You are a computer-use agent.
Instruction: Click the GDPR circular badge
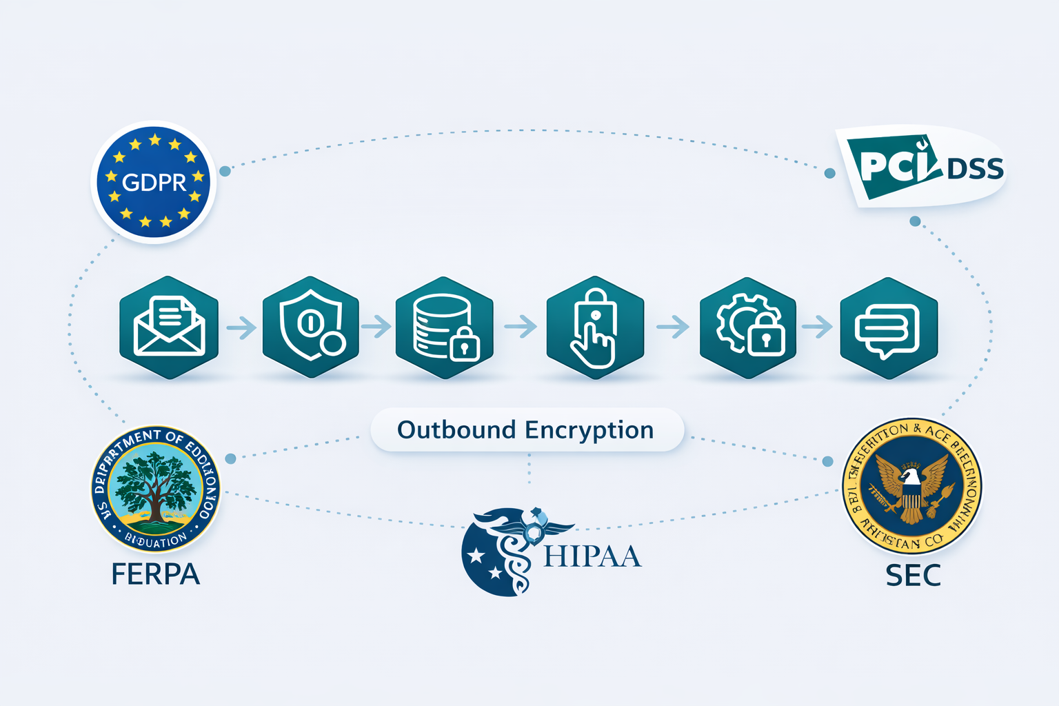(x=154, y=182)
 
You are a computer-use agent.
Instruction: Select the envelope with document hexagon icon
(x=169, y=327)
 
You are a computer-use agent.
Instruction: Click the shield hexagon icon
(x=311, y=327)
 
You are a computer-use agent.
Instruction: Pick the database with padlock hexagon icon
(x=444, y=327)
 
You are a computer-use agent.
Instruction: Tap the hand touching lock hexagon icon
(x=595, y=327)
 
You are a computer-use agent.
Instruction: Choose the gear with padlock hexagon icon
(x=748, y=327)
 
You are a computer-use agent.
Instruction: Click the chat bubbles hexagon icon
(x=889, y=328)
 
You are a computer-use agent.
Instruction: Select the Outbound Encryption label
(x=527, y=430)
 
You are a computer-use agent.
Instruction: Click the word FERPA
(x=156, y=574)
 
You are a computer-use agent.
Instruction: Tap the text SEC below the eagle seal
(x=913, y=576)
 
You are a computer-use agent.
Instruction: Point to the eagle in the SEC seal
(x=911, y=487)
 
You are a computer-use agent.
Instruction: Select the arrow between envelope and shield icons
(x=241, y=327)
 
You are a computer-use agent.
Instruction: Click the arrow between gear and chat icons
(x=818, y=327)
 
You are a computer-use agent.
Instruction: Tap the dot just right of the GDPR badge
(x=225, y=170)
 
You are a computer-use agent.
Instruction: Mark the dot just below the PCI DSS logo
(x=915, y=221)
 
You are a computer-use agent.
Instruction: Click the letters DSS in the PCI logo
(x=975, y=169)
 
